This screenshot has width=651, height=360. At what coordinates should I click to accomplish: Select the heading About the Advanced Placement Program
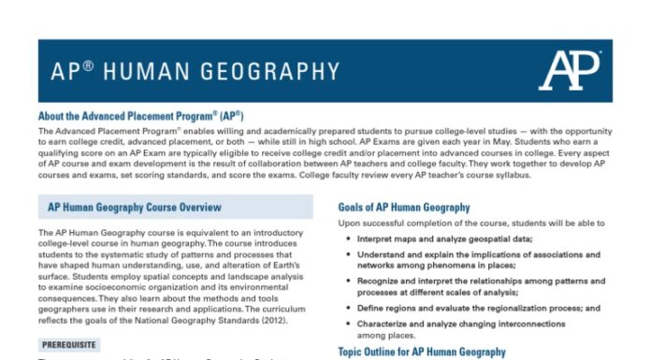[141, 116]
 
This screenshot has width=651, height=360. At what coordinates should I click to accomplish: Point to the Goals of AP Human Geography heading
[403, 208]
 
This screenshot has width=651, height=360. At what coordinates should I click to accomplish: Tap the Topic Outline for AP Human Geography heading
[421, 352]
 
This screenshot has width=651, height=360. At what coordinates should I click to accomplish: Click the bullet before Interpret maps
[349, 238]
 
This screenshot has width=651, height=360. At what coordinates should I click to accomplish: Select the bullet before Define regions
[349, 308]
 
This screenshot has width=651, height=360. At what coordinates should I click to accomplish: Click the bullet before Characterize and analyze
[349, 323]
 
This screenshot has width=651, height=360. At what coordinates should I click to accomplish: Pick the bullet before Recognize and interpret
[349, 281]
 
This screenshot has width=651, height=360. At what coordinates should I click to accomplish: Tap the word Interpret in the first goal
[378, 238]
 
